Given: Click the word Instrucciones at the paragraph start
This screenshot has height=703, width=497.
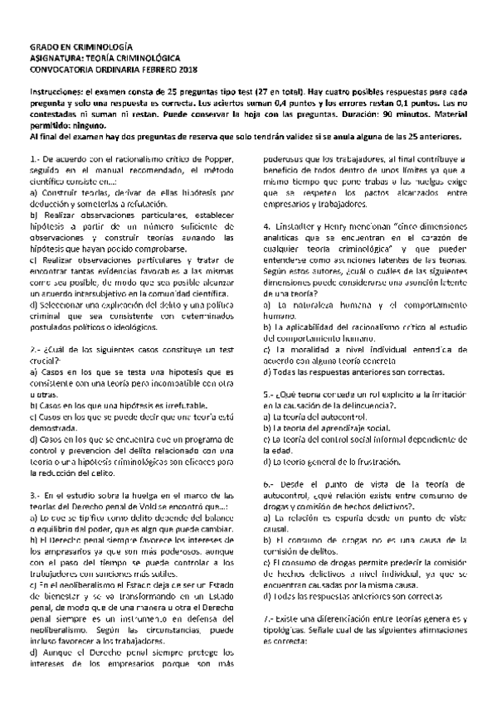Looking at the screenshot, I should (58, 90).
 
